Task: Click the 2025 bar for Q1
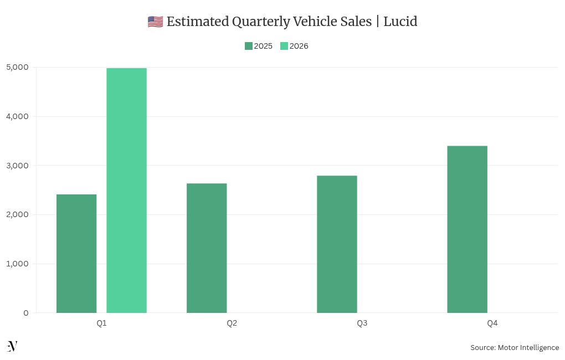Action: point(76,254)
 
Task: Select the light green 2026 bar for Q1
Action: point(126,191)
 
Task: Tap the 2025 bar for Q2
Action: point(207,248)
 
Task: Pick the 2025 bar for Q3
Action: point(337,244)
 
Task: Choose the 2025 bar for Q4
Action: point(467,229)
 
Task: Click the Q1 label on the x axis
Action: point(101,323)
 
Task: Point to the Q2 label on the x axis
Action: point(232,323)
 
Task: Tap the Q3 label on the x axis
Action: point(362,323)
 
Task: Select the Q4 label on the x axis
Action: point(492,323)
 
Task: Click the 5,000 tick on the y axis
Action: point(18,68)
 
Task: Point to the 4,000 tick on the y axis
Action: point(18,116)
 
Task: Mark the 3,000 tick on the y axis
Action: point(18,166)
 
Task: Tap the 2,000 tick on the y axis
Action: point(18,215)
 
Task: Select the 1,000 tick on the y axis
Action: point(18,264)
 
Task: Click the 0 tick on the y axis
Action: point(25,313)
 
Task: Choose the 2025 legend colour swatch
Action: point(249,46)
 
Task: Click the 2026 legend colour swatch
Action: point(284,46)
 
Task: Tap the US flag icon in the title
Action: point(155,22)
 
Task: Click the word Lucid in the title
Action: point(400,22)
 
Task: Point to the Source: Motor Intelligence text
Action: point(515,348)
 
